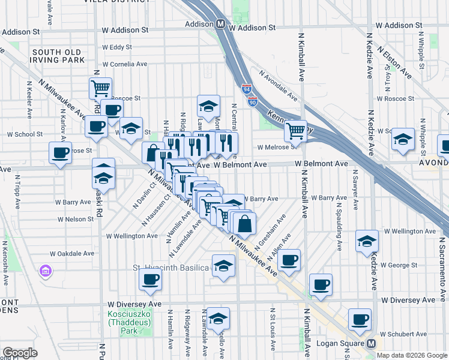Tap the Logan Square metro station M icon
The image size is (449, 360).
[371, 344]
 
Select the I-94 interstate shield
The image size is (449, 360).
[247, 88]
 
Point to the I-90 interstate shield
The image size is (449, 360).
[252, 102]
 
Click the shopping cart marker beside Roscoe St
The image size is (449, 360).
[100, 88]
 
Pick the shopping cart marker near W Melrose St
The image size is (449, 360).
[295, 130]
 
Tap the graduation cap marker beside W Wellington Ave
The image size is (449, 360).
[367, 241]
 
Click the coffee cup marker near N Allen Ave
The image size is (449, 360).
[289, 259]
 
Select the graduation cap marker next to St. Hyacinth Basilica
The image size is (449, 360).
[223, 265]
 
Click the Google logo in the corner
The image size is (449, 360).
[20, 353]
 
